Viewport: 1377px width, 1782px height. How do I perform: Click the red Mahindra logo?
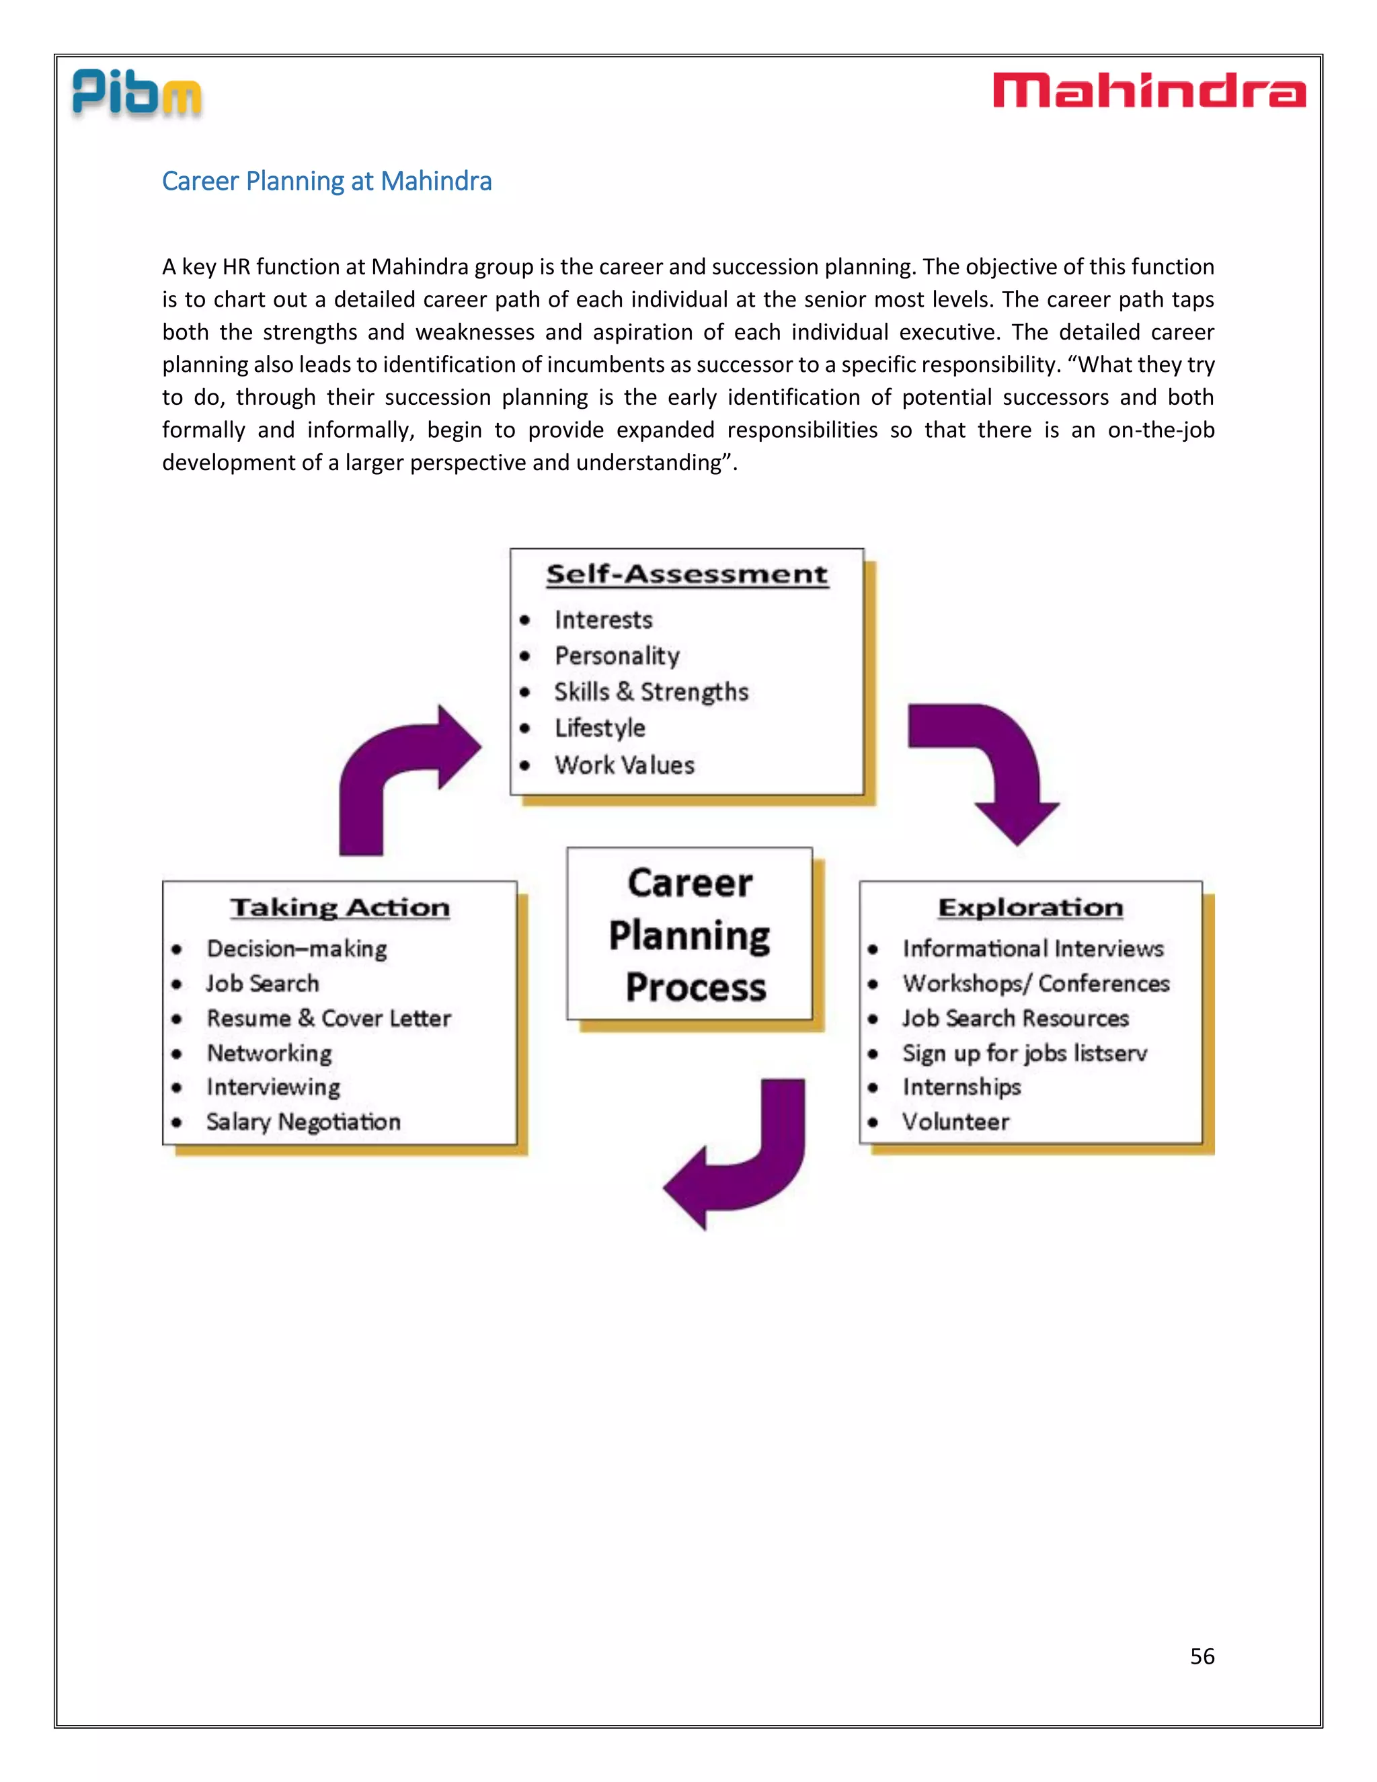(1148, 91)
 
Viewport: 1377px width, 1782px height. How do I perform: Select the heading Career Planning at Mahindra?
(326, 181)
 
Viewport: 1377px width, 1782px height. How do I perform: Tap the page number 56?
(1202, 1656)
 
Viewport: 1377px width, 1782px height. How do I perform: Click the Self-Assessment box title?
(687, 574)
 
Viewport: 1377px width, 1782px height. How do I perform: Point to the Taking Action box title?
(340, 907)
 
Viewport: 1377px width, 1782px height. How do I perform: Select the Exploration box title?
(1030, 907)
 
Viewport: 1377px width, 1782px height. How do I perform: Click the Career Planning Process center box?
(690, 934)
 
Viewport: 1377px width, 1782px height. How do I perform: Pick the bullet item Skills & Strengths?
(651, 692)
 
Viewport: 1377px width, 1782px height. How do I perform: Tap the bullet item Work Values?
(624, 765)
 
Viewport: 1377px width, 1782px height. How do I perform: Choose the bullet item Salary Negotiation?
(303, 1122)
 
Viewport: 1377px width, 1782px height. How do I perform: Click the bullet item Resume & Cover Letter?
(328, 1018)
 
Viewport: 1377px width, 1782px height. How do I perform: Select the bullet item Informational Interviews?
(1033, 948)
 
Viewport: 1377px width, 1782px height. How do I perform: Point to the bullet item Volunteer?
(955, 1122)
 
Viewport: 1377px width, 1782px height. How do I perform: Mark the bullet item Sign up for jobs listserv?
(1025, 1053)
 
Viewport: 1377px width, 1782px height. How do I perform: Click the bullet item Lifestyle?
(600, 728)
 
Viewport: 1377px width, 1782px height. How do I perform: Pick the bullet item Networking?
(269, 1053)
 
